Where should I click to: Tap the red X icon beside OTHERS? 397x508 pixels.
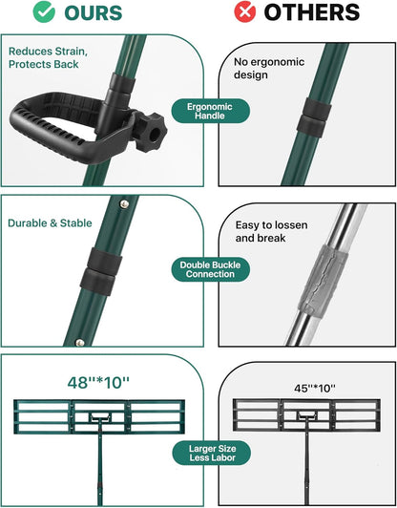point(244,13)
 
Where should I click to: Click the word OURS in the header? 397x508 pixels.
point(94,13)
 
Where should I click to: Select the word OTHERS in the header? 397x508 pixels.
point(311,13)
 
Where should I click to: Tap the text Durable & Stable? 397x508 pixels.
point(49,222)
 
